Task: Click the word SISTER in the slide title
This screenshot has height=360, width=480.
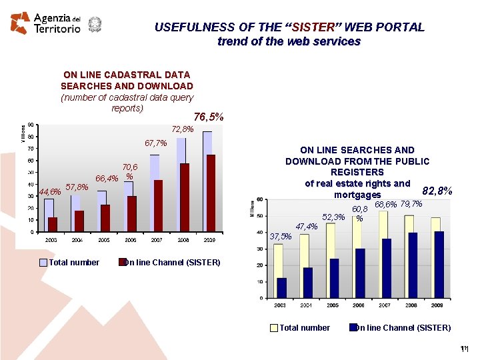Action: [x=313, y=27]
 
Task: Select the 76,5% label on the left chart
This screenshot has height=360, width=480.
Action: [x=209, y=117]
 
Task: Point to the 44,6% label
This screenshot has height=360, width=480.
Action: [x=50, y=192]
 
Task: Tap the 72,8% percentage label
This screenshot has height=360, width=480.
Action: [x=183, y=129]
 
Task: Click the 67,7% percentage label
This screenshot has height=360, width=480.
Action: [x=155, y=143]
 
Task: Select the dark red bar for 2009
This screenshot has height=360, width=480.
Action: [x=211, y=193]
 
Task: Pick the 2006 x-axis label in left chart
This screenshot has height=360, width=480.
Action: [x=131, y=239]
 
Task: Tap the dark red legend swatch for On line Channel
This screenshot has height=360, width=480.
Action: [x=123, y=263]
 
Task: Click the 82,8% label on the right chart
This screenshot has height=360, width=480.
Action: [x=438, y=191]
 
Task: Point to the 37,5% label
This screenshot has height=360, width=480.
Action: [x=281, y=236]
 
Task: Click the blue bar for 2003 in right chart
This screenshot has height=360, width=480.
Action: [x=282, y=288]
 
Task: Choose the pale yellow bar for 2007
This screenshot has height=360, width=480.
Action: [x=383, y=253]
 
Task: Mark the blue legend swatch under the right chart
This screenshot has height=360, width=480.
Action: [x=353, y=327]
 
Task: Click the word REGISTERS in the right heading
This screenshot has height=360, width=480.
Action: [x=357, y=172]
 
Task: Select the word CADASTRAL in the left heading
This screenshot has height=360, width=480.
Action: [x=127, y=75]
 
